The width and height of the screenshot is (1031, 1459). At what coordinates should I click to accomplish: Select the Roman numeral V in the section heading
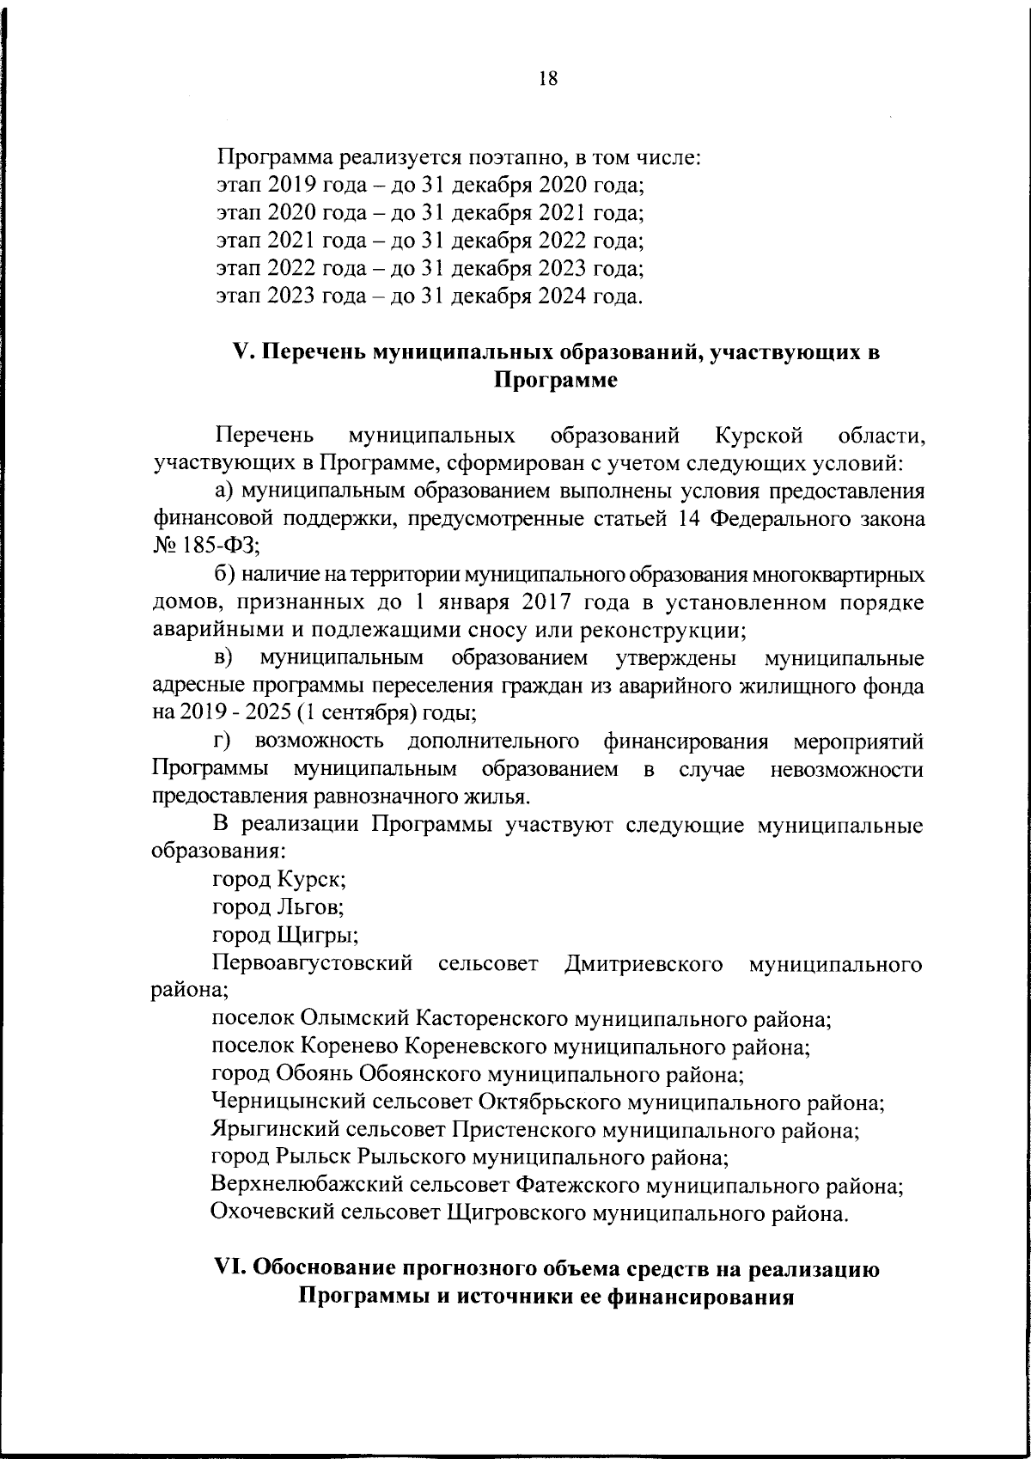241,351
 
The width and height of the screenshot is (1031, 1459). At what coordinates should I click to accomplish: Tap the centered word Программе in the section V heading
556,381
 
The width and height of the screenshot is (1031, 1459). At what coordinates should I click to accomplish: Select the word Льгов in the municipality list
311,907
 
